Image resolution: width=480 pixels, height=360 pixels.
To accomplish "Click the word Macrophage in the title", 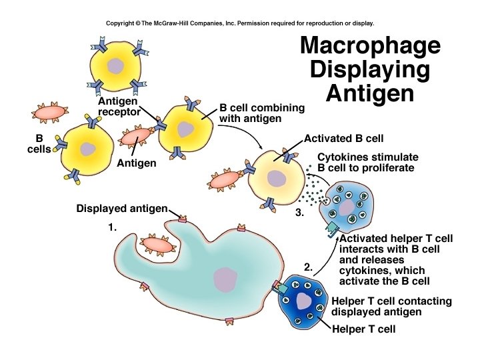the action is click(370, 46).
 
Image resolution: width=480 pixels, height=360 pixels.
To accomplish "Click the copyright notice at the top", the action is click(240, 23).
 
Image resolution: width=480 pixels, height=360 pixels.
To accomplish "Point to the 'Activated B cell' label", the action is click(343, 139).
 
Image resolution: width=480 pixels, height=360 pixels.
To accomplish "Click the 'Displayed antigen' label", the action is click(122, 209).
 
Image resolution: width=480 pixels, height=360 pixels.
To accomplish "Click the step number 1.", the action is click(113, 227).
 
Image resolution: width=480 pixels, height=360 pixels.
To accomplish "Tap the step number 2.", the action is click(308, 267).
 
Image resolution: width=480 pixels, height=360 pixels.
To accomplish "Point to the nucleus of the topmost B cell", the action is click(116, 66).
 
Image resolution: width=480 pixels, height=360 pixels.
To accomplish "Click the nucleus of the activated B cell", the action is click(275, 178).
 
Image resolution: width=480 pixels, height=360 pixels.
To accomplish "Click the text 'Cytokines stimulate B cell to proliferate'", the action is click(365, 162).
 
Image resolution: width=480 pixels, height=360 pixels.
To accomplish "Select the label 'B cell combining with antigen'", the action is click(262, 113).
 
